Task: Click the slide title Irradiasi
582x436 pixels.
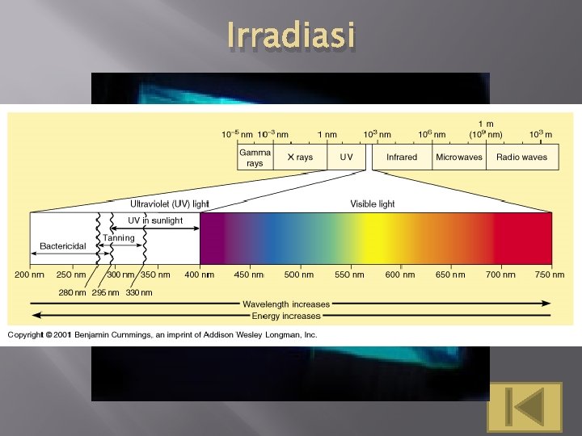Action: pos(290,36)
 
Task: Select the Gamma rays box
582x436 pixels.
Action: pos(255,157)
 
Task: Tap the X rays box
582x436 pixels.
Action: pos(300,157)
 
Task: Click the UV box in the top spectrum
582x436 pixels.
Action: pos(346,157)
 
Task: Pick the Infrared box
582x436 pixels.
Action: pos(402,157)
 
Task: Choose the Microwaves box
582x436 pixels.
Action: pos(459,157)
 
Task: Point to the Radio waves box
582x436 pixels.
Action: pos(521,157)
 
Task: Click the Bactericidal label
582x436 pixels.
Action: pos(63,245)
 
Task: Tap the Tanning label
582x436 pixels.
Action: pos(119,238)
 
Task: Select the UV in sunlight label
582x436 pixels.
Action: pos(155,220)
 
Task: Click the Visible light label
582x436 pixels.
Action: pos(373,204)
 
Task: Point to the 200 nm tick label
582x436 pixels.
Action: pos(30,275)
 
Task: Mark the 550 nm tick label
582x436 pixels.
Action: pos(349,275)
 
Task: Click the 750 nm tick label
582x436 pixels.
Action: pos(549,275)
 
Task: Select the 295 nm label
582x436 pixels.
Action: pos(105,292)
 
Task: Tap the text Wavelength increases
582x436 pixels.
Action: pos(286,304)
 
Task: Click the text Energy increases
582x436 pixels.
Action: pos(286,315)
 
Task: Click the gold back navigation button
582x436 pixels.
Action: pos(525,406)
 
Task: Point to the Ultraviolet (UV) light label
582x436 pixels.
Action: pos(170,204)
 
